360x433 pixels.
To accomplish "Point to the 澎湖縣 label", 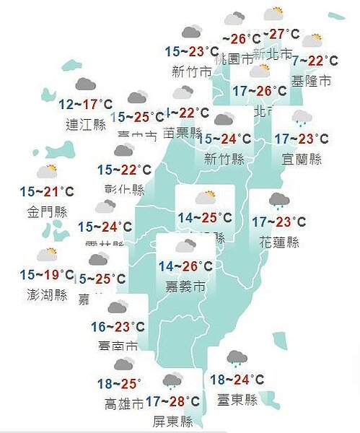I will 45,295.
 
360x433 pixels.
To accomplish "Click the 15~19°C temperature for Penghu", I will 47,275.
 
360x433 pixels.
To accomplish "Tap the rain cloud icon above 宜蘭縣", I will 301,117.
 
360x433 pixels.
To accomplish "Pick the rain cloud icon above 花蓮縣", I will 279,200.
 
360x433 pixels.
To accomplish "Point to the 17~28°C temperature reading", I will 172,401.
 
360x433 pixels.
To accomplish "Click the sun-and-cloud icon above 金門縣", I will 47,172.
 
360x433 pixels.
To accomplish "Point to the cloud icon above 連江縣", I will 86,84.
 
